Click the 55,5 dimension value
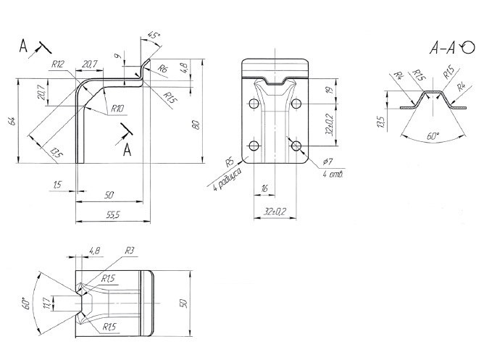pyautogui.click(x=112, y=214)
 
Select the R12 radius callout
pyautogui.click(x=58, y=64)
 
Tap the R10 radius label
pyautogui.click(x=118, y=109)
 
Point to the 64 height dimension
pyautogui.click(x=12, y=121)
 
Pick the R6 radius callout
pyautogui.click(x=163, y=68)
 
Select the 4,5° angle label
pyautogui.click(x=153, y=35)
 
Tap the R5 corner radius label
pyautogui.click(x=228, y=161)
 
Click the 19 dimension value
pyautogui.click(x=329, y=91)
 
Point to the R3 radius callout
pyautogui.click(x=130, y=251)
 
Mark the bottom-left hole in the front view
pyautogui.click(x=253, y=146)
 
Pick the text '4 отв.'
pyautogui.click(x=335, y=174)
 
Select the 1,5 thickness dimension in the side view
pyautogui.click(x=57, y=185)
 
